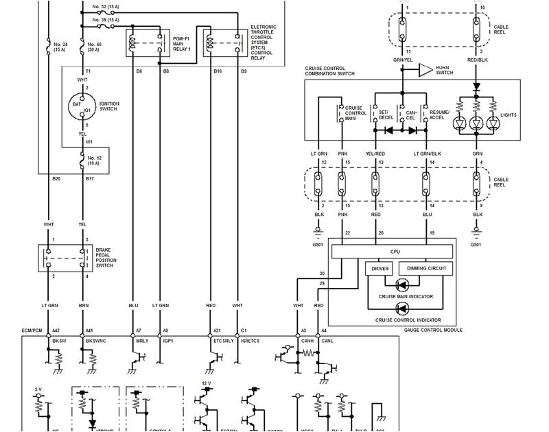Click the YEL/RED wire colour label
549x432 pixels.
pyautogui.click(x=375, y=154)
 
